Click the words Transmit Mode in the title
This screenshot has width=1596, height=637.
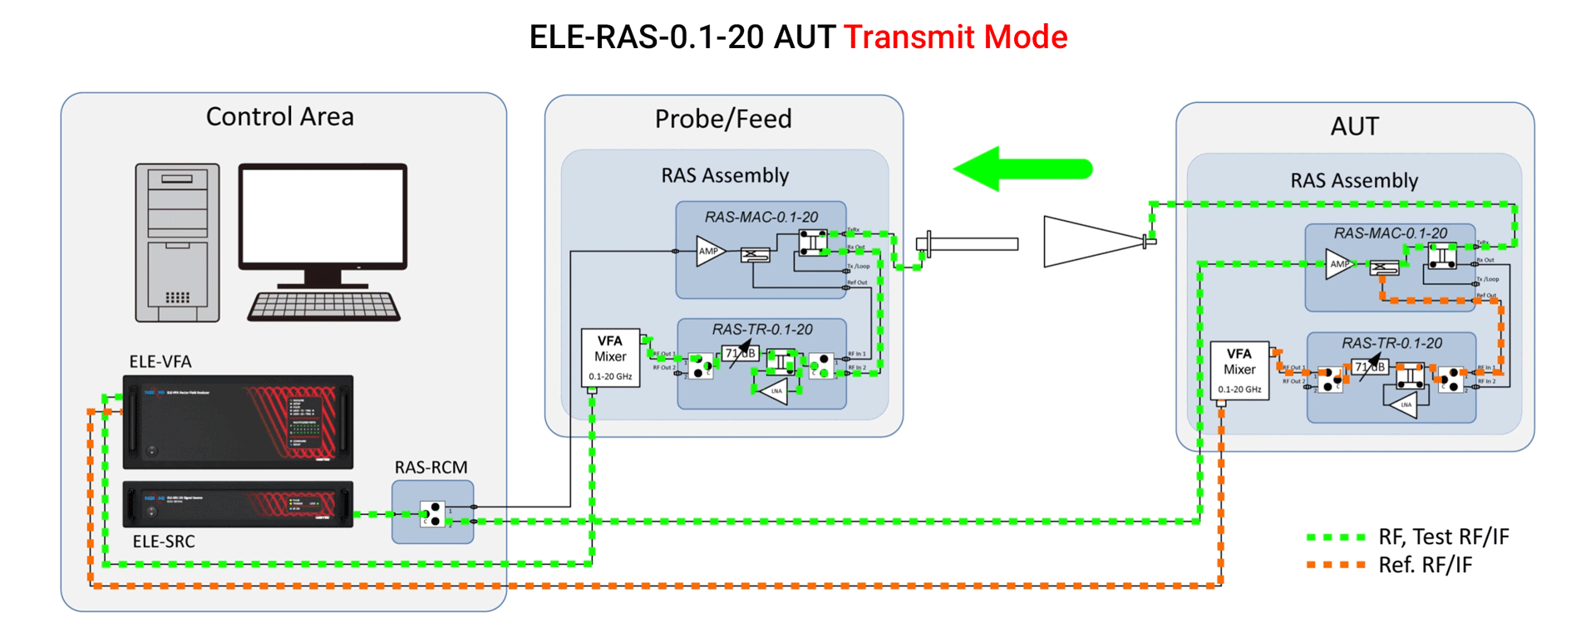point(955,37)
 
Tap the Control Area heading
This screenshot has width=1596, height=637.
point(280,117)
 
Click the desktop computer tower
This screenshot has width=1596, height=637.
point(177,243)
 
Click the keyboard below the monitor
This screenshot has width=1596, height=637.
point(323,306)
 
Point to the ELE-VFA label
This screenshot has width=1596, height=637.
point(160,362)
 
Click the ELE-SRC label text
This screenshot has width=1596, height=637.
point(164,541)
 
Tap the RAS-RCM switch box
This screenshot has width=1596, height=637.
point(432,512)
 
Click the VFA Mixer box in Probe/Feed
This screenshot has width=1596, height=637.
point(610,358)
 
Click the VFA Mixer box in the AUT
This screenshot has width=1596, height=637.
point(1239,370)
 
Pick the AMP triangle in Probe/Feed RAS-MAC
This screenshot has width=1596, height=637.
point(709,251)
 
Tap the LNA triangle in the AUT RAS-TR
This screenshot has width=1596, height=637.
point(1403,404)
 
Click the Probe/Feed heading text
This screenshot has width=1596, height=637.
point(723,120)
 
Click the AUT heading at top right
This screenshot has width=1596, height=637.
point(1354,126)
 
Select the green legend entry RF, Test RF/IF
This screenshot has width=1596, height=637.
point(1443,537)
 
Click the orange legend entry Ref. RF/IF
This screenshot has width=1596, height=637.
point(1425,566)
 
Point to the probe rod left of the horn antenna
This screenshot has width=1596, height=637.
point(968,244)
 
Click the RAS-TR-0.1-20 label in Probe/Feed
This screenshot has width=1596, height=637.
point(761,330)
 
